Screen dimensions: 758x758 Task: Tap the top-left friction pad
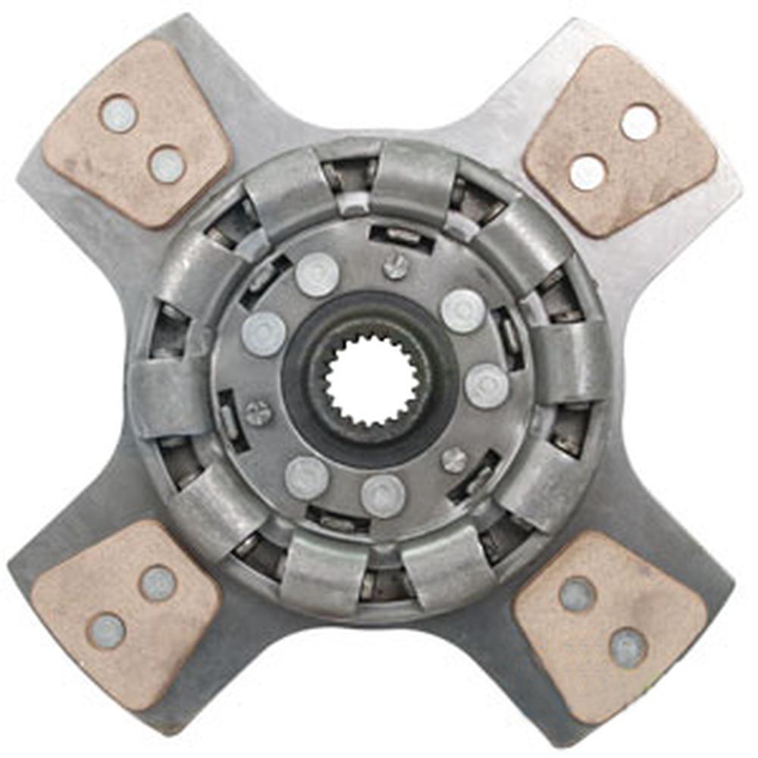[136, 133]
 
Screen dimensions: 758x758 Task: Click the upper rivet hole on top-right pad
[639, 122]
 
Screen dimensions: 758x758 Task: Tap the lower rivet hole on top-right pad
[587, 173]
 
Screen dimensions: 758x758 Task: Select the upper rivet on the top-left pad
[119, 114]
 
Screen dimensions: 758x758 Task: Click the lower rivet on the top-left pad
[167, 164]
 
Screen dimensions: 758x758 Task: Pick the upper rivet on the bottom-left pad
[158, 583]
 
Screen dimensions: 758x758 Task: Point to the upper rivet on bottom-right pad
[577, 594]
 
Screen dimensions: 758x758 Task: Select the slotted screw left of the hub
[258, 413]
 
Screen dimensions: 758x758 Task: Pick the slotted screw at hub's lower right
[454, 459]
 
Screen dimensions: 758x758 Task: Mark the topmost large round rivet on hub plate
[317, 275]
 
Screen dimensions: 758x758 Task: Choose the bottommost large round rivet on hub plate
[383, 496]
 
